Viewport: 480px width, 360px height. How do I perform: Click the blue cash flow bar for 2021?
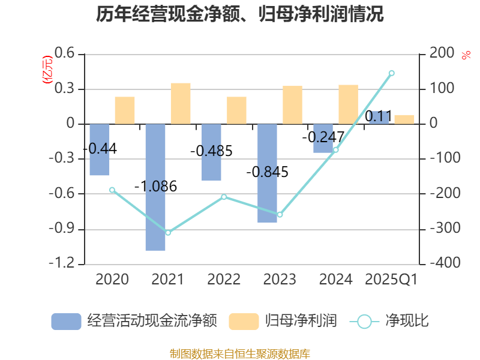[x=155, y=187]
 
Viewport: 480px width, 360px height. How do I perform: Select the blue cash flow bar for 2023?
[x=267, y=173]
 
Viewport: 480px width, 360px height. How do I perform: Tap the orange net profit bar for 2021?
[x=181, y=104]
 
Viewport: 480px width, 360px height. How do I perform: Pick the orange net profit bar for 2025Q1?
[x=404, y=119]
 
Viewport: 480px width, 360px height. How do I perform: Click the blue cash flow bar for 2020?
[x=100, y=150]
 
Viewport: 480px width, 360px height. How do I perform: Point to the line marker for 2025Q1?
[x=391, y=73]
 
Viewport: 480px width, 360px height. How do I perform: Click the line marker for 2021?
[x=168, y=232]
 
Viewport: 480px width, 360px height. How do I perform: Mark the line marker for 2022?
[x=224, y=197]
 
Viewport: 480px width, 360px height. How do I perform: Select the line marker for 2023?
[x=280, y=214]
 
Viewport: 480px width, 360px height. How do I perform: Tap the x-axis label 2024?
[x=335, y=280]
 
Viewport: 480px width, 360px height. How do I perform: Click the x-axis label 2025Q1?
[x=391, y=280]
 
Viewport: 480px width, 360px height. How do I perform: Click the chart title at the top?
[x=240, y=14]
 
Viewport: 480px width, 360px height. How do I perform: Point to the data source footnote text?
[x=240, y=353]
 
